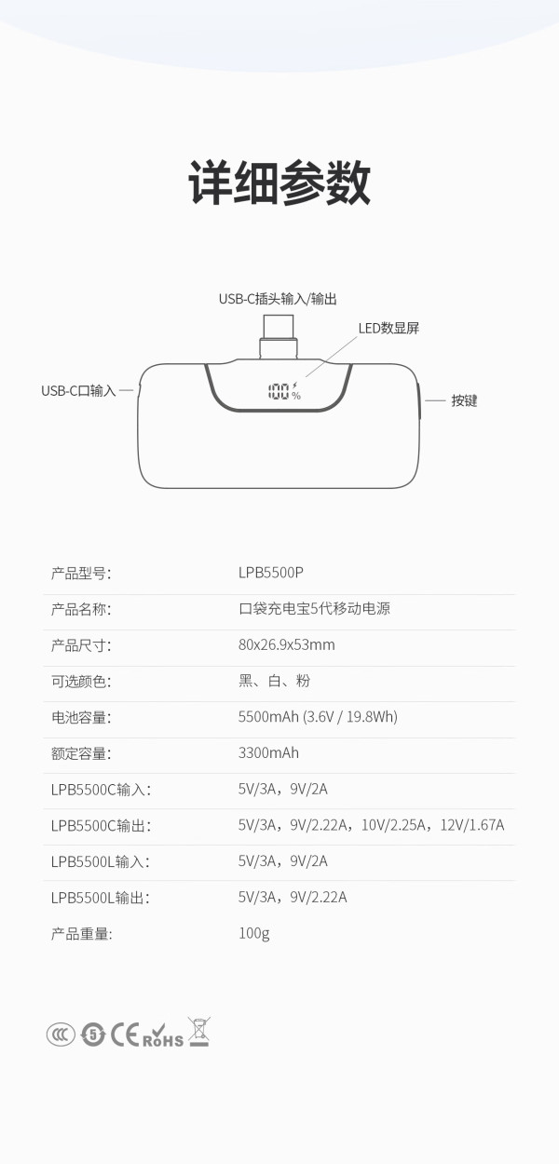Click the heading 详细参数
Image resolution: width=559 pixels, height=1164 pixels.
pyautogui.click(x=279, y=183)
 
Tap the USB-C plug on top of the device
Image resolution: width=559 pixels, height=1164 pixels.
pyautogui.click(x=279, y=337)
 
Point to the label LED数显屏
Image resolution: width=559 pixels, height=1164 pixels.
pyautogui.click(x=389, y=329)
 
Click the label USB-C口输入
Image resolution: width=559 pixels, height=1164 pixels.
pyautogui.click(x=78, y=391)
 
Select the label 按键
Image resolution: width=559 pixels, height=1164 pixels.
pyautogui.click(x=464, y=400)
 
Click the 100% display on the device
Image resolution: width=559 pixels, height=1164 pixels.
pyautogui.click(x=284, y=391)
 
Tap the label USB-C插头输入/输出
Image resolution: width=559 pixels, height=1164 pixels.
pyautogui.click(x=278, y=299)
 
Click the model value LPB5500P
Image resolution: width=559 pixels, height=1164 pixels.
pyautogui.click(x=271, y=573)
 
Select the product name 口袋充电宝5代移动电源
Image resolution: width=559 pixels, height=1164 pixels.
pyautogui.click(x=314, y=608)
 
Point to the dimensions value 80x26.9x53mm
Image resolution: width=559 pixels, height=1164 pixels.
pyautogui.click(x=287, y=645)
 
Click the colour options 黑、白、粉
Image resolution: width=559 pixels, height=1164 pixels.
pyautogui.click(x=274, y=681)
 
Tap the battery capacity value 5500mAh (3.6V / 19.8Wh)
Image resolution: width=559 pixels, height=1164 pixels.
pyautogui.click(x=318, y=717)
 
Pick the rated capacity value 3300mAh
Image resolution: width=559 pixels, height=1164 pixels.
pyautogui.click(x=268, y=753)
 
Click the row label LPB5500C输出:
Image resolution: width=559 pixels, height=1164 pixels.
pyautogui.click(x=101, y=826)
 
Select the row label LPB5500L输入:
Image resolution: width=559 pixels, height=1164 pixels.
pyautogui.click(x=101, y=862)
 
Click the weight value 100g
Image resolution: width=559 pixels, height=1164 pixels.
pyautogui.click(x=253, y=934)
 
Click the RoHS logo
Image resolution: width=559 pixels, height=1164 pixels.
pyautogui.click(x=163, y=1035)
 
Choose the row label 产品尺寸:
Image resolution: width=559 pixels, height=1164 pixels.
pyautogui.click(x=81, y=645)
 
